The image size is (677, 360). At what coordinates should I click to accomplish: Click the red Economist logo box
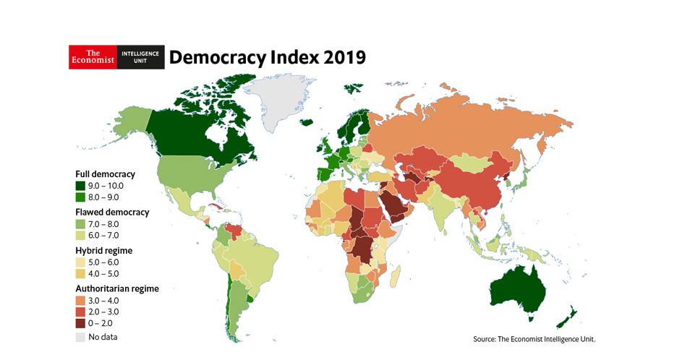93,57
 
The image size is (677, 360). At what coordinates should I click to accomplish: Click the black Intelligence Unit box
140,57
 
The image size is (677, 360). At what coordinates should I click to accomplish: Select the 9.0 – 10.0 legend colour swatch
81,186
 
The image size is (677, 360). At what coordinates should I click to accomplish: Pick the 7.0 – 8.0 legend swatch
81,224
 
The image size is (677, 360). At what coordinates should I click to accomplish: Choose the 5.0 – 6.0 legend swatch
81,262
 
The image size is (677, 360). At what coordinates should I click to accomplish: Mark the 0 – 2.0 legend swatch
81,324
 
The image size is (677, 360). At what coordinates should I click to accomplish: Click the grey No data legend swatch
81,337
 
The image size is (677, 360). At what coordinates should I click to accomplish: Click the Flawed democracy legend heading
112,213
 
